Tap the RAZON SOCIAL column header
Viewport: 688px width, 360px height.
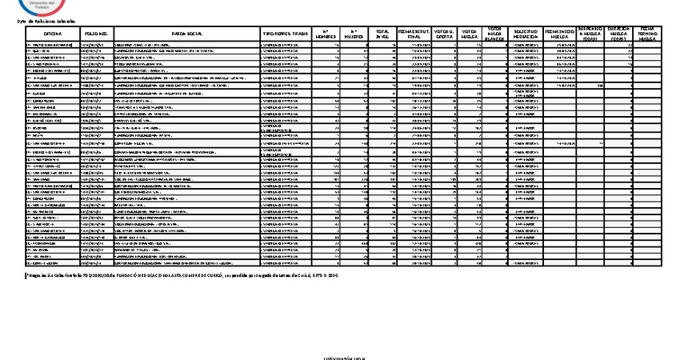(x=186, y=34)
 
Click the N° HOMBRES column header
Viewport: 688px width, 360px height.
(x=325, y=34)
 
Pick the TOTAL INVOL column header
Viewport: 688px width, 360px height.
(x=382, y=34)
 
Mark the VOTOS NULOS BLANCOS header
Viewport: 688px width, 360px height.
(x=496, y=34)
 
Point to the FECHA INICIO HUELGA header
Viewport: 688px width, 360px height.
(x=559, y=34)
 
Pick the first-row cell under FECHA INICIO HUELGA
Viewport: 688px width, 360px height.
(x=559, y=46)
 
